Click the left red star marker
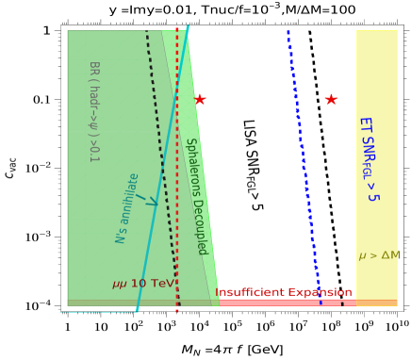coord(200,99)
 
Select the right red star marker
coord(331,99)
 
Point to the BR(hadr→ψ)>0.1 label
coord(93,111)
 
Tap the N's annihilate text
coord(127,208)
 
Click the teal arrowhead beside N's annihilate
coord(150,200)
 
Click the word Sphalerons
coord(192,166)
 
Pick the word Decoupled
coord(200,225)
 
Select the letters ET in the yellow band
coord(365,127)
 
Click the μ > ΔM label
coord(379,255)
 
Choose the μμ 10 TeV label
coord(142,284)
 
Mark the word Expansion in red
coord(320,292)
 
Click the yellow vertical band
coord(376,75)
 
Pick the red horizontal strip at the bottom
coord(283,303)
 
